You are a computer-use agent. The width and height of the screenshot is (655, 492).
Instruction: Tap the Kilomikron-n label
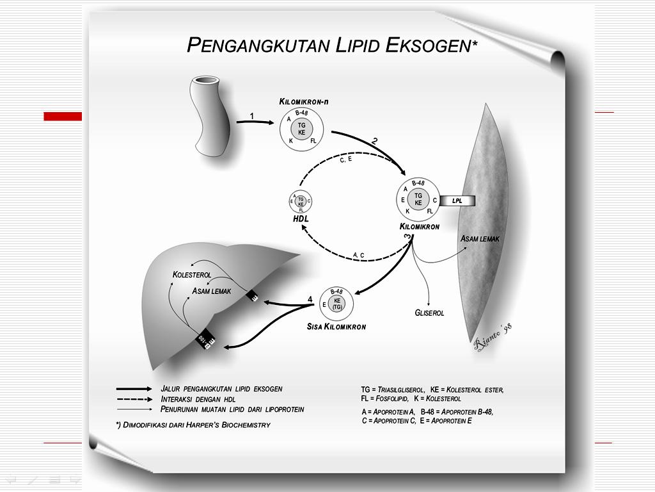(304, 102)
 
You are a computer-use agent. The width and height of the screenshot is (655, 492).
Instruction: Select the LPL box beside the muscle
(457, 201)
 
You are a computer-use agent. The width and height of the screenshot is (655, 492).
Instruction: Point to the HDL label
(301, 218)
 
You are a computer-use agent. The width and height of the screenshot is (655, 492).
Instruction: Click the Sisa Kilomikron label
(336, 327)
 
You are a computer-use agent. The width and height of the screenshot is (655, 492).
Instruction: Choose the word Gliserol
(429, 313)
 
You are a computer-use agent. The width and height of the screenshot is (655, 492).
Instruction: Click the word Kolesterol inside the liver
(192, 275)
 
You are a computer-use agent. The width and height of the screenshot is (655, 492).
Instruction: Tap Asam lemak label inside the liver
(212, 291)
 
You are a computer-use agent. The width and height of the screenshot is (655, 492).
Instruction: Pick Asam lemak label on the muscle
(480, 239)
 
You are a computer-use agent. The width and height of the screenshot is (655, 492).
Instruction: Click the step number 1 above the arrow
(252, 116)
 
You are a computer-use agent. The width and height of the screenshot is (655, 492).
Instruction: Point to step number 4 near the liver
(310, 299)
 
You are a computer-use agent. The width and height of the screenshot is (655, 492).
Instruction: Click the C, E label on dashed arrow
(346, 160)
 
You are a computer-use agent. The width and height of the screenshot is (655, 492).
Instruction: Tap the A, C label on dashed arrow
(358, 255)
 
